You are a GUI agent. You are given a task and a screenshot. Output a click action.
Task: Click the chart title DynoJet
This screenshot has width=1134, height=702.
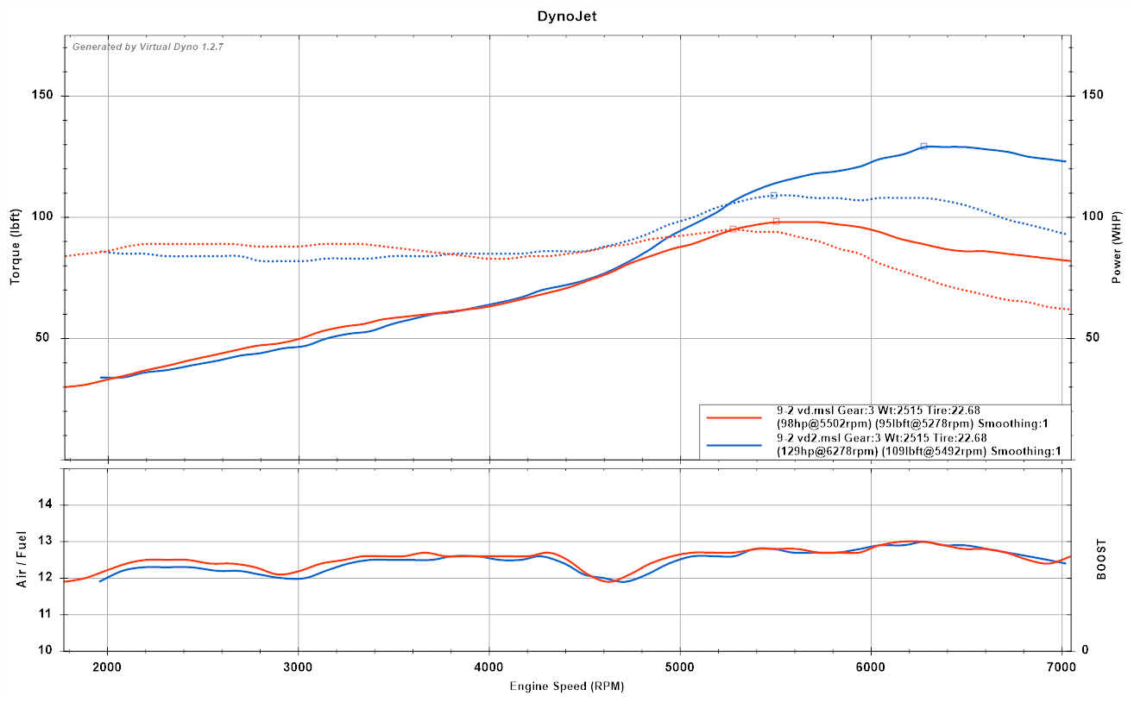[x=567, y=16]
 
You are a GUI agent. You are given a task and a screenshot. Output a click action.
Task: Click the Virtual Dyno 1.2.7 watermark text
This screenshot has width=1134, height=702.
[x=148, y=47]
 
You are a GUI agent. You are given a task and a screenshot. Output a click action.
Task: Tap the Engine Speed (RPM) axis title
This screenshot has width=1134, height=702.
[x=566, y=686]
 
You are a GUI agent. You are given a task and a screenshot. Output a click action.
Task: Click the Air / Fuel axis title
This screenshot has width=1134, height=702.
[x=21, y=560]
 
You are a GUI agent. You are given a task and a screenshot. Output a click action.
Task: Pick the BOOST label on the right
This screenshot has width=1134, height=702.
[x=1101, y=560]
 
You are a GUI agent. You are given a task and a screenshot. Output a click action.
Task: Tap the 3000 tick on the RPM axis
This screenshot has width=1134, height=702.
[x=298, y=666]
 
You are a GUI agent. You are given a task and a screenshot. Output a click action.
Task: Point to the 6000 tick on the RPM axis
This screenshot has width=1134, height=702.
[x=871, y=666]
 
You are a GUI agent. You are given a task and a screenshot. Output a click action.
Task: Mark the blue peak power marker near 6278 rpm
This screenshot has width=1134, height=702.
[x=923, y=147]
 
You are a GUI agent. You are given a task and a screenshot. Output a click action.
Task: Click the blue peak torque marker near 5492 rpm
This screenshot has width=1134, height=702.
[x=773, y=196]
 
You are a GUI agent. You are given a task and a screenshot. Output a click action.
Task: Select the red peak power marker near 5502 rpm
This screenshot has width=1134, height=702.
[x=776, y=222]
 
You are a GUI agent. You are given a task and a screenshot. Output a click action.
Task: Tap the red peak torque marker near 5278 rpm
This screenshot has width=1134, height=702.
[x=733, y=229]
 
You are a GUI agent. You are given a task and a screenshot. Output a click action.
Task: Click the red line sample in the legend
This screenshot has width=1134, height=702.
[x=734, y=417]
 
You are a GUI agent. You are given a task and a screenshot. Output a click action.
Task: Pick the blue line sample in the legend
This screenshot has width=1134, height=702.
[x=734, y=445]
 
